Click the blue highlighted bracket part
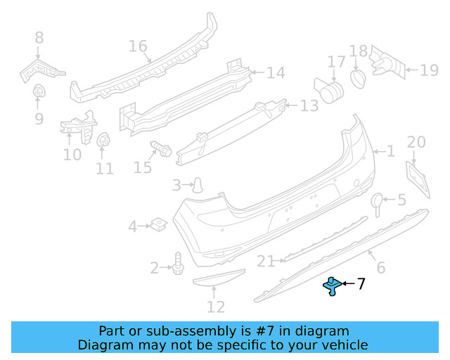pos(332,285)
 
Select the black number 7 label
pos(361,284)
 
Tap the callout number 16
pos(138,46)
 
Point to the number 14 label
pos(275,72)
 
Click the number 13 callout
pos(309,106)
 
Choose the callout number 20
pos(416,142)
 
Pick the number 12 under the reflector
pos(216,307)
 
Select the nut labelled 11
pos(103,140)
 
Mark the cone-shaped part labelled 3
pos(199,185)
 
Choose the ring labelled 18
pos(357,75)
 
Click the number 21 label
pos(265,262)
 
